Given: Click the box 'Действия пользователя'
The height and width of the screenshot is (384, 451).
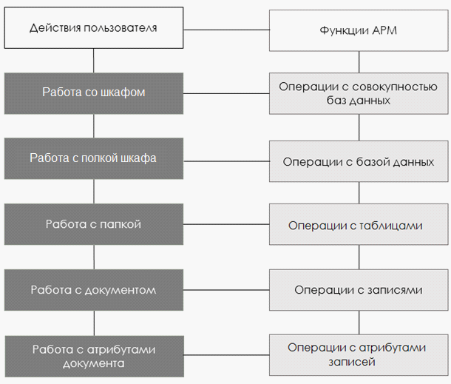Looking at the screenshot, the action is (x=94, y=28).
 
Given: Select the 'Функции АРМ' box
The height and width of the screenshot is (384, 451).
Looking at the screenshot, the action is (x=359, y=31).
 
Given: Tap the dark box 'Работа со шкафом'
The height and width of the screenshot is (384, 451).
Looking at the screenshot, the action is (x=94, y=93).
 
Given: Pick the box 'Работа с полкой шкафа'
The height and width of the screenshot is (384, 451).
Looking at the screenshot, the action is (x=94, y=158).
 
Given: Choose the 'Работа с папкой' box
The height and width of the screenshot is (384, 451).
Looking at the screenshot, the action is (x=94, y=224).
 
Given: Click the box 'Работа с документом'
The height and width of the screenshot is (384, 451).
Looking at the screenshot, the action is (x=94, y=290).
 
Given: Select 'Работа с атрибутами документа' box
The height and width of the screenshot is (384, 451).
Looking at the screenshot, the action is (x=94, y=357).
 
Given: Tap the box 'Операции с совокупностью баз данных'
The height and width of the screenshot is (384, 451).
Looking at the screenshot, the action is (x=359, y=93).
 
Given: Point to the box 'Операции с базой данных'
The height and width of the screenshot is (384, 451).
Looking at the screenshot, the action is (x=359, y=161).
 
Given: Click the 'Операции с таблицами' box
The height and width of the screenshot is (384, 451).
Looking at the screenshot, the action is (x=359, y=224).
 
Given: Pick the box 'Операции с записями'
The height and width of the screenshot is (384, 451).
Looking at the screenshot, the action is (x=359, y=290).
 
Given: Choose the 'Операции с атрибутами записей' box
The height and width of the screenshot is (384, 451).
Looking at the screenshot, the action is (x=359, y=355).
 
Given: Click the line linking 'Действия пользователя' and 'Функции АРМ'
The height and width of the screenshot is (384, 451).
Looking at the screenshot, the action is (x=226, y=30).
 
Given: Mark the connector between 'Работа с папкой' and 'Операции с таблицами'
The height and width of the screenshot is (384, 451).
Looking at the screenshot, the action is (x=226, y=224).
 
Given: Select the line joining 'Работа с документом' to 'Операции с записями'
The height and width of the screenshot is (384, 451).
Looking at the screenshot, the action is (x=226, y=290).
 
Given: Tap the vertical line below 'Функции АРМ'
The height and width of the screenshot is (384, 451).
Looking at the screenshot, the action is (x=359, y=62).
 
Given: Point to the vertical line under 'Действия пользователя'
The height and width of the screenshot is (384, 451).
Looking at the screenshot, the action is (x=93, y=61).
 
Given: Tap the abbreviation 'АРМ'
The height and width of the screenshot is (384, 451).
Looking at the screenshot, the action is (x=384, y=30).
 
